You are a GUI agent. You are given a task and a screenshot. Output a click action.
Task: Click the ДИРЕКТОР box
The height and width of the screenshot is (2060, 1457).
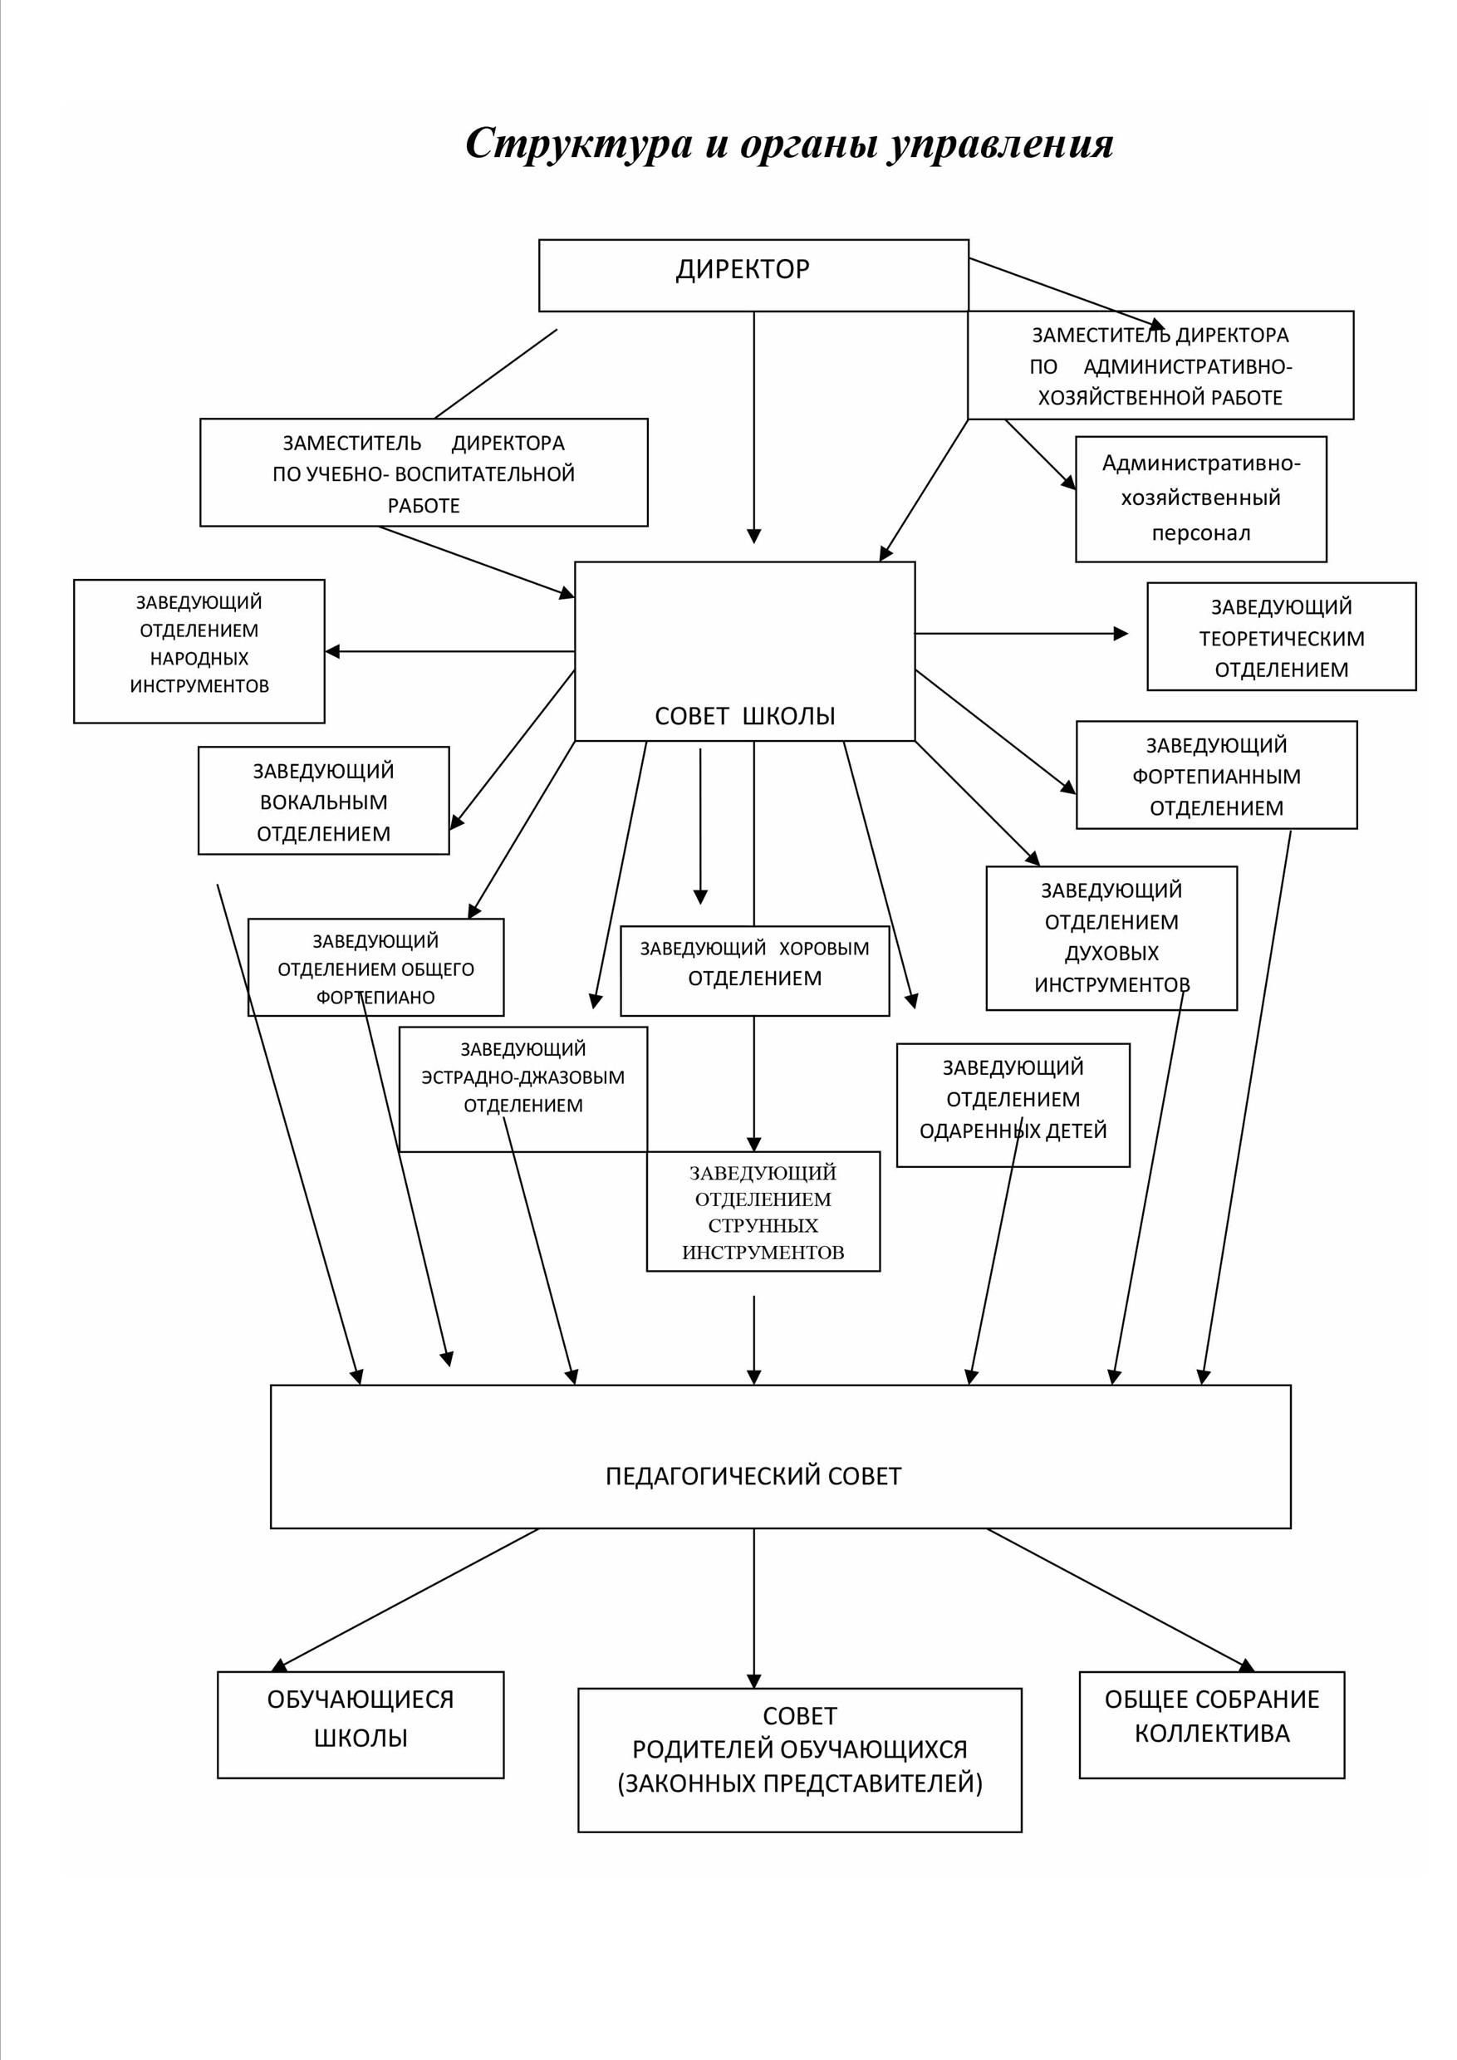coord(753,276)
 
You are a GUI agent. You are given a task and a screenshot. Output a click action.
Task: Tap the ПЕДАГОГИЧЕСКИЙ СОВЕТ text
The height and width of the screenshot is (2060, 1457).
coord(753,1476)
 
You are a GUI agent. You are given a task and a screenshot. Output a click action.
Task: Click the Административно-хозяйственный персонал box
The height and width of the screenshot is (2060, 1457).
coord(1201,499)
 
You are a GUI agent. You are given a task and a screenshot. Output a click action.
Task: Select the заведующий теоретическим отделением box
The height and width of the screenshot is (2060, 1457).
coord(1282,637)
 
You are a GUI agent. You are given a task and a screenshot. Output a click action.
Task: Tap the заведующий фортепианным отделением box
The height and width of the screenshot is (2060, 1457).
coord(1217,775)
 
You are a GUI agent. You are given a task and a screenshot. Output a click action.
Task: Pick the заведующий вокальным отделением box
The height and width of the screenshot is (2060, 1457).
coord(324,800)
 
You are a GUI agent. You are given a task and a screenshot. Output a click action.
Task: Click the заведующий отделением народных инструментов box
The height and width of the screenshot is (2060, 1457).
coord(199,651)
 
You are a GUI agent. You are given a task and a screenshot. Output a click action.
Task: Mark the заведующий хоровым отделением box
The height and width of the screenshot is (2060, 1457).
coord(755,971)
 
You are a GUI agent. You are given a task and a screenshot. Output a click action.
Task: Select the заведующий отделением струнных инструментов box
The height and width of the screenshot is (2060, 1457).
coord(763,1211)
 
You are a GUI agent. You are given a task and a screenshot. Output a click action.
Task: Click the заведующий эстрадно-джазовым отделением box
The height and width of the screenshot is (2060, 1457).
coord(523,1089)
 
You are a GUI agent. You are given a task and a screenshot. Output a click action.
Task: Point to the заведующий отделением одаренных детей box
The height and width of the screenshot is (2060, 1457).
coord(1013,1106)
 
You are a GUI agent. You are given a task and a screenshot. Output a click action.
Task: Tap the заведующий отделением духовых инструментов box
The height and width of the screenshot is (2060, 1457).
coord(1112,939)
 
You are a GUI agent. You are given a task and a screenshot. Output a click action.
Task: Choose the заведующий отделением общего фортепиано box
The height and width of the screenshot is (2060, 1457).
coord(376,967)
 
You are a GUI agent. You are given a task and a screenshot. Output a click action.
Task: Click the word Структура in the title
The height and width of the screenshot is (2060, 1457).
coord(580,144)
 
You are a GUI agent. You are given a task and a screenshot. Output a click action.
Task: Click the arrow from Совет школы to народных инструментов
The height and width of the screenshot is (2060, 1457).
coord(450,651)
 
